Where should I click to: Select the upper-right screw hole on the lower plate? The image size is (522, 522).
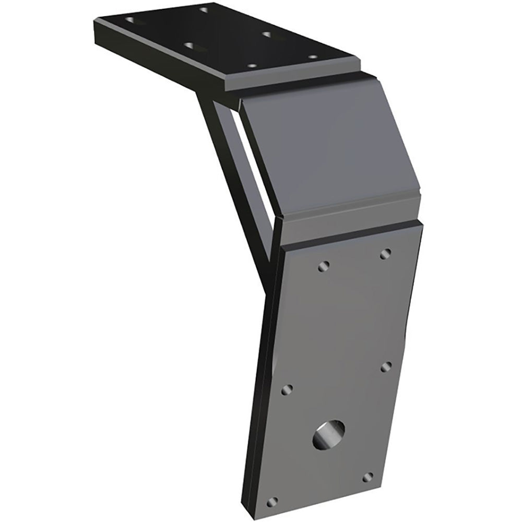386,254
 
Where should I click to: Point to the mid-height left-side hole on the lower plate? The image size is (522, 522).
287,389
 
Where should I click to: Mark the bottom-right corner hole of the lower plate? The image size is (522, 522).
368,477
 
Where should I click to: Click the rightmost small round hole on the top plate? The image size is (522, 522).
313,57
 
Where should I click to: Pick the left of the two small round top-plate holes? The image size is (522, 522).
252,66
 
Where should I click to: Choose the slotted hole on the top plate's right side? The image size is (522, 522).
268,35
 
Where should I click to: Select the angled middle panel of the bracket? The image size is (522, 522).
324,151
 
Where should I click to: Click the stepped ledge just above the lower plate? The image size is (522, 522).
350,230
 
